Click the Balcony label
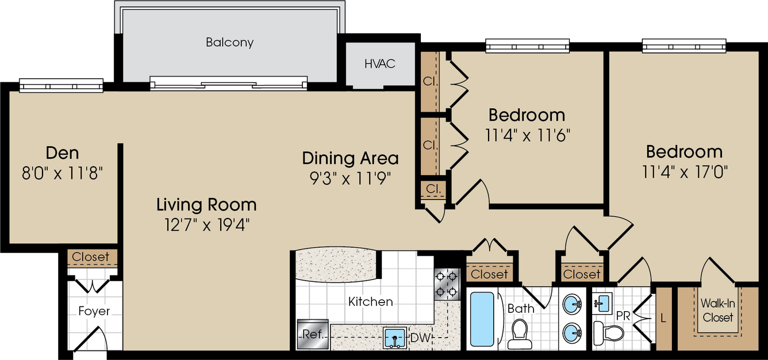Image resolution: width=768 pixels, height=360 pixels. click(x=229, y=42)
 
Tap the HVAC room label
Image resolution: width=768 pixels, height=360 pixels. click(x=380, y=64)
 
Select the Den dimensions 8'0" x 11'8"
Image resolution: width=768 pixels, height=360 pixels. click(x=63, y=173)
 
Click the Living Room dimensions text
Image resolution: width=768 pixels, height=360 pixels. click(x=207, y=225)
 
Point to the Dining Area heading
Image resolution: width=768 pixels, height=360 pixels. click(x=351, y=158)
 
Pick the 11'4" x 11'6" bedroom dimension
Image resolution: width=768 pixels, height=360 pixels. click(x=527, y=135)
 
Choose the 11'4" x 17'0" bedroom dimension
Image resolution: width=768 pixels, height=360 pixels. click(x=684, y=172)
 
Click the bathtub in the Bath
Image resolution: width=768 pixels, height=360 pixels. click(x=482, y=319)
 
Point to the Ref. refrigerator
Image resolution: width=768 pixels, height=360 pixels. click(x=313, y=334)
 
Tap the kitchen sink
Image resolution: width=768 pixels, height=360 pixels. click(x=395, y=338)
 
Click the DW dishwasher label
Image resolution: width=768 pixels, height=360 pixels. click(x=420, y=338)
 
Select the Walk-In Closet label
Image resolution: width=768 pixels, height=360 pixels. click(x=717, y=311)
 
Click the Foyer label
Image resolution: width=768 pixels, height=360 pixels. click(x=94, y=311)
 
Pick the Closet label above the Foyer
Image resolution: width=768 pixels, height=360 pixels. click(x=90, y=257)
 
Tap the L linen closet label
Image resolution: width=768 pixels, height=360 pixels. click(x=663, y=319)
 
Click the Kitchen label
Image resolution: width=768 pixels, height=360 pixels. click(x=370, y=302)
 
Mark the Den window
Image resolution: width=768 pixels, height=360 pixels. click(x=61, y=85)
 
